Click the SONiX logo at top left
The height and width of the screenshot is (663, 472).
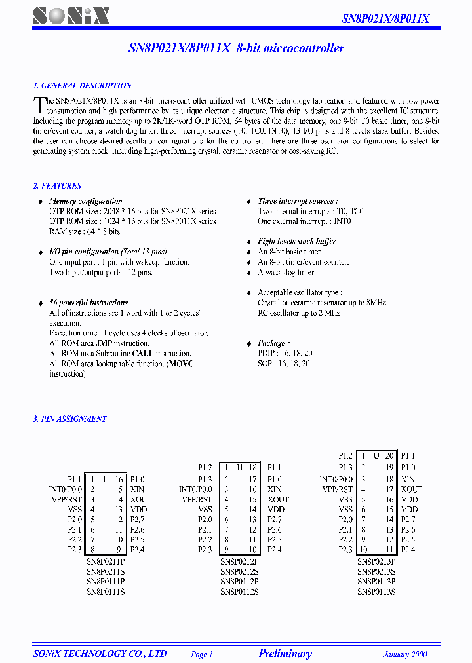71,16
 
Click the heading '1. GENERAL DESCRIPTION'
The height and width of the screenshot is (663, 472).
83,86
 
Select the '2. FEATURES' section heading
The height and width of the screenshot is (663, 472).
58,186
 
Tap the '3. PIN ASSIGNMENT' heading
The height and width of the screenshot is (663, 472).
69,419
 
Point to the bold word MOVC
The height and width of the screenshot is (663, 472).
180,364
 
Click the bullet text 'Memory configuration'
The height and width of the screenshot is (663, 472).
85,201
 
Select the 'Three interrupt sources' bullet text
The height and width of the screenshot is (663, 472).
298,201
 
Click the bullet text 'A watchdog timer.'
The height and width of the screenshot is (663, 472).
286,273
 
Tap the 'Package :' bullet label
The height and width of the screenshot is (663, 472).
273,343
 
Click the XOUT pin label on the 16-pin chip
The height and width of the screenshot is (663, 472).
141,499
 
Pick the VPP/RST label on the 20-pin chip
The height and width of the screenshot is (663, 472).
338,489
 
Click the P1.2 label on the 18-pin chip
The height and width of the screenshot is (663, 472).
205,468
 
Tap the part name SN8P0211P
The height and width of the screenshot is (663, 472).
106,561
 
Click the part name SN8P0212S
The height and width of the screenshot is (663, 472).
239,571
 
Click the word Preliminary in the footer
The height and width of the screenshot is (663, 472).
285,654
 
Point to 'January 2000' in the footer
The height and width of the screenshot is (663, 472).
405,654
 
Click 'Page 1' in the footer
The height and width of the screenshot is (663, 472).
202,654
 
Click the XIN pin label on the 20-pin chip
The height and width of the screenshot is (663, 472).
408,478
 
